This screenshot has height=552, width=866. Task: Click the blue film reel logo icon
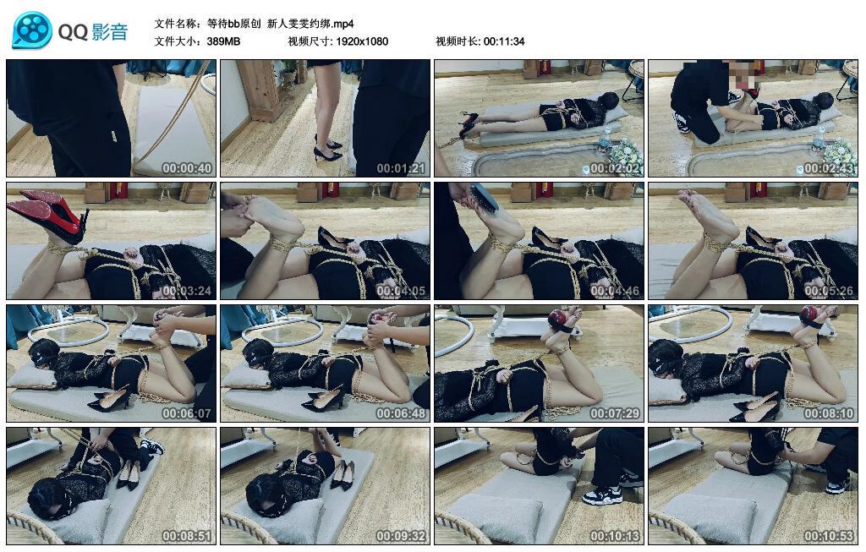[32, 30]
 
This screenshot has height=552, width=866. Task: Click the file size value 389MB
[223, 41]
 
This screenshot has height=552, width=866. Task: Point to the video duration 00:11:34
[504, 41]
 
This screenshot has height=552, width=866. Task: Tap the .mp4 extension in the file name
[343, 24]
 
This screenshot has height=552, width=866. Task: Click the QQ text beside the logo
[73, 32]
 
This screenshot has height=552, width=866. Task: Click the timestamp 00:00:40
[187, 168]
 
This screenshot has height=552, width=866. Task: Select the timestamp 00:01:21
[401, 168]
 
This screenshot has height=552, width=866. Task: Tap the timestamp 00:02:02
[615, 168]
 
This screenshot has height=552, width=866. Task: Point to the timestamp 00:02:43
[829, 168]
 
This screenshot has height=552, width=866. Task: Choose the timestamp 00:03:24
[187, 291]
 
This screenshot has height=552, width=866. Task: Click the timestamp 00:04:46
[615, 291]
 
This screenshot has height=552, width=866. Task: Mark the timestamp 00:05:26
[829, 291]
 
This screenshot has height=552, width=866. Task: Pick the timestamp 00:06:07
[187, 413]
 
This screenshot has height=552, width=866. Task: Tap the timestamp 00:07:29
[615, 413]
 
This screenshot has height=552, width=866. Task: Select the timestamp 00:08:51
[187, 536]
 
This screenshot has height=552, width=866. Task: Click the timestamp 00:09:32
[401, 536]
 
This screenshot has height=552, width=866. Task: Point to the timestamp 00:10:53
[829, 536]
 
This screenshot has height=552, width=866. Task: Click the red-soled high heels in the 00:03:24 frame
[50, 216]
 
